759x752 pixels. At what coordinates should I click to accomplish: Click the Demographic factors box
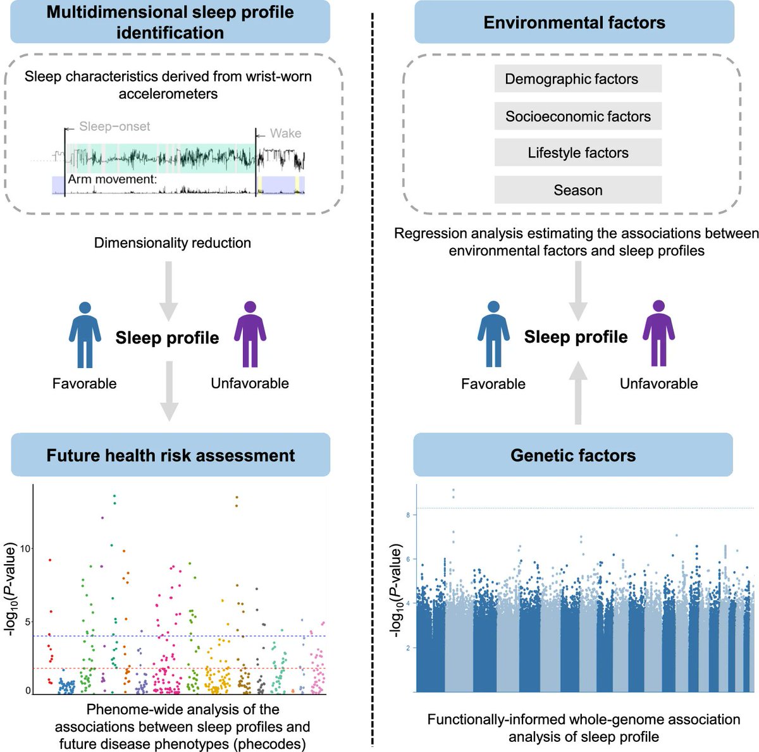[x=577, y=79]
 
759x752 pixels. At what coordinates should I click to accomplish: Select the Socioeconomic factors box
[x=577, y=116]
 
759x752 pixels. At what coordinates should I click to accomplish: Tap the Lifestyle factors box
[x=577, y=153]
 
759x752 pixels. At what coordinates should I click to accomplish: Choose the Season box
[x=577, y=190]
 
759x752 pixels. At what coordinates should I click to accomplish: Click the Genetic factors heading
[x=573, y=455]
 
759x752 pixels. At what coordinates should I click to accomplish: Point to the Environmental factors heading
[x=574, y=23]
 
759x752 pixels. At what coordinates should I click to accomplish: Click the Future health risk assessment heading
[x=170, y=455]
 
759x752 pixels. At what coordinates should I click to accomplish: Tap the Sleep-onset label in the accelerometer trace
[x=114, y=126]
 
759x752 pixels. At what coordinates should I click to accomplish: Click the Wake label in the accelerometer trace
[x=285, y=133]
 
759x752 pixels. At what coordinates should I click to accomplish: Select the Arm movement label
[x=112, y=180]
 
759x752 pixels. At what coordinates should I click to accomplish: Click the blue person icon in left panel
[x=85, y=335]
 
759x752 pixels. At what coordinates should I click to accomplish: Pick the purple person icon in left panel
[x=250, y=335]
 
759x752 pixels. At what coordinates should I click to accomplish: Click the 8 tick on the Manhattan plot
[x=408, y=515]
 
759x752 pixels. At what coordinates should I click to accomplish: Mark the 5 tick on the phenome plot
[x=26, y=622]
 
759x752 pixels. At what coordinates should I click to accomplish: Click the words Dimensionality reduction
[x=172, y=243]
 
